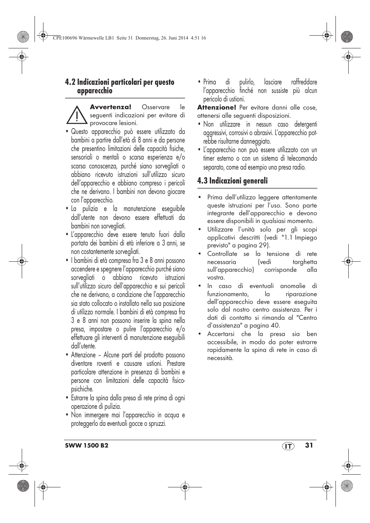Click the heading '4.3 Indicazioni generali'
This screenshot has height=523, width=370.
coord(232,181)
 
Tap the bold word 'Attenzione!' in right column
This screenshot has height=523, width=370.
coord(216,108)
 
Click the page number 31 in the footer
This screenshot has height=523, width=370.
coord(308,445)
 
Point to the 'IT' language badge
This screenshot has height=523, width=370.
coord(287,446)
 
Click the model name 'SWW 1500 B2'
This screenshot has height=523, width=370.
coord(86,446)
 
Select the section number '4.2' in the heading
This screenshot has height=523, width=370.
coord(70,82)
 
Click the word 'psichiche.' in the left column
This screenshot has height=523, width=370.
coord(82,389)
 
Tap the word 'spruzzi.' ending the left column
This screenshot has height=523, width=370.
coord(156,424)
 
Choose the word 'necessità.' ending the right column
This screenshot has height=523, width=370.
coord(220,358)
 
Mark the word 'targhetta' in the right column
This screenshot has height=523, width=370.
coord(304,262)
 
